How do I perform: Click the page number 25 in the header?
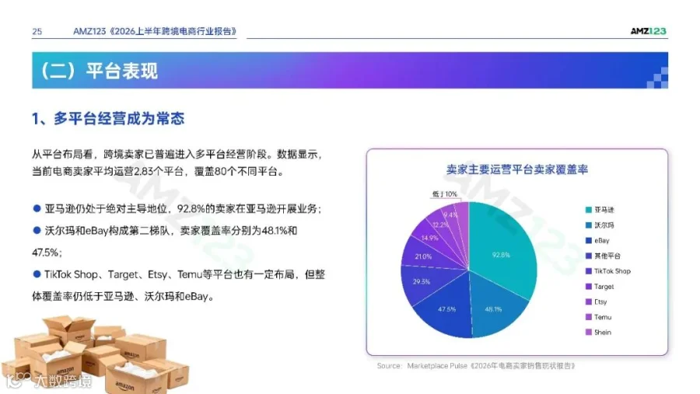click(37, 32)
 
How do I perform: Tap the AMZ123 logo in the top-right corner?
click(648, 31)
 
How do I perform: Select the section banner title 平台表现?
click(122, 71)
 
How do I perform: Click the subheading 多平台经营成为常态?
click(119, 119)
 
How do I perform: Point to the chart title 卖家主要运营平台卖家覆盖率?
click(517, 169)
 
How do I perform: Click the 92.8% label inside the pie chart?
click(501, 255)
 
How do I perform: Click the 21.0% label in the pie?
click(423, 256)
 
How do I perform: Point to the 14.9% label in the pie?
click(429, 238)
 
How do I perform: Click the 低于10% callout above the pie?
click(445, 194)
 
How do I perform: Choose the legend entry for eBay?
click(597, 240)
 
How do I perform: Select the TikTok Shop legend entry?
click(608, 271)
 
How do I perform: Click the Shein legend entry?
click(598, 333)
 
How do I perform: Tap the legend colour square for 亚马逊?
click(589, 210)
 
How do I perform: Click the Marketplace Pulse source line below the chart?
click(476, 366)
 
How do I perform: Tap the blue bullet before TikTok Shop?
click(37, 274)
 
